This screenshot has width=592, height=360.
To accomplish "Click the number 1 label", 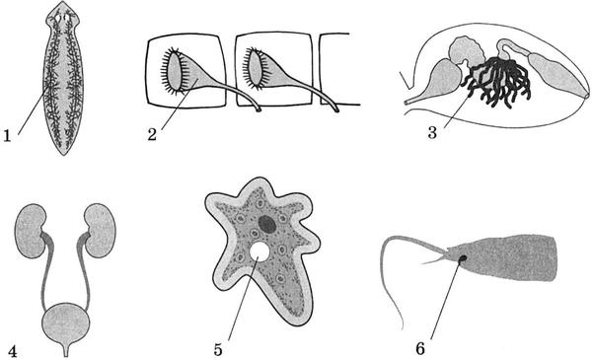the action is [7, 135].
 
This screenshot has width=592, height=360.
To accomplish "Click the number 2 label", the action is [152, 134].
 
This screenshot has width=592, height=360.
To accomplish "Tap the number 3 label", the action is [433, 133].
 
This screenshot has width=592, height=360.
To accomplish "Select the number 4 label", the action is [12, 351].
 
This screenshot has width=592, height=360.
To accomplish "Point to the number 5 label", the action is [218, 350].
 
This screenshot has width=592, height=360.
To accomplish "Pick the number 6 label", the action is [420, 349].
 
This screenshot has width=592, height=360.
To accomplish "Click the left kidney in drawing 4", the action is [31, 231].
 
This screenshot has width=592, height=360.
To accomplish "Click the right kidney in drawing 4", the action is [100, 230].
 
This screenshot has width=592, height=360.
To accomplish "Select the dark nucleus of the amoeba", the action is [267, 224].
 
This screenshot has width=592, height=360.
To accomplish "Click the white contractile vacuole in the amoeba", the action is [259, 251].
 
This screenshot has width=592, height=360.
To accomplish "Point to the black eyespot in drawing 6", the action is [462, 258].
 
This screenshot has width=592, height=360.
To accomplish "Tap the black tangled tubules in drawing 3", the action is [498, 82].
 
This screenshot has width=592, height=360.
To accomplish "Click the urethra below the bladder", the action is [66, 349].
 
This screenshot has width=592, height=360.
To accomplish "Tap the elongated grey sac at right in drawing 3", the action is [557, 77].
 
